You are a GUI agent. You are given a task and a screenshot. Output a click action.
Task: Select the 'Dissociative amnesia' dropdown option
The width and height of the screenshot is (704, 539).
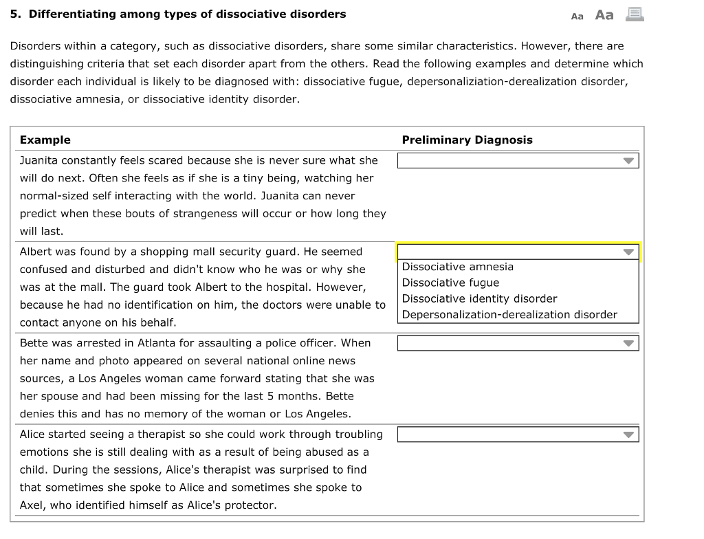point(457,267)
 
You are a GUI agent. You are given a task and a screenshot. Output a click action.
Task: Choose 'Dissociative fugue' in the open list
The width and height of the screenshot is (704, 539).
point(450,283)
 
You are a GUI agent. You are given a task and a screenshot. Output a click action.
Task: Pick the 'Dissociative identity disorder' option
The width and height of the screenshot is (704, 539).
point(479,298)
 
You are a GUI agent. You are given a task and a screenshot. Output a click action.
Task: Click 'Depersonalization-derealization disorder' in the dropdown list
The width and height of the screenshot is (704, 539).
point(509,315)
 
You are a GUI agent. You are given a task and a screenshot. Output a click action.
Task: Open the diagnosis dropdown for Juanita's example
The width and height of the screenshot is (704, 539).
point(518,161)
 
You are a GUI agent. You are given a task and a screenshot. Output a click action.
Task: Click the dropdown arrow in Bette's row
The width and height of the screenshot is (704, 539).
point(628,343)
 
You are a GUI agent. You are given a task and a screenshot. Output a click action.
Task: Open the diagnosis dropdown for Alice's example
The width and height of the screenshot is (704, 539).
point(518,434)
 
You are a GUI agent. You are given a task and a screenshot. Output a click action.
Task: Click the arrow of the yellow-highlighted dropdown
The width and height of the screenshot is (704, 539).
point(628,252)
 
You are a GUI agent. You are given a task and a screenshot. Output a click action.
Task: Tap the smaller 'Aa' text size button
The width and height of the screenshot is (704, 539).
point(577,16)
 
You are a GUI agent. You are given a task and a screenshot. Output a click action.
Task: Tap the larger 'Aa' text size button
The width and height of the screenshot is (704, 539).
point(604,14)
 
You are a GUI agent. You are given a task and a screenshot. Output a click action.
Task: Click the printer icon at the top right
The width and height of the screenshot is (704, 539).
point(635,14)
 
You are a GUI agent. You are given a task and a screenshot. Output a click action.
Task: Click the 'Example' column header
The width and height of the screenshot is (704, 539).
point(45,140)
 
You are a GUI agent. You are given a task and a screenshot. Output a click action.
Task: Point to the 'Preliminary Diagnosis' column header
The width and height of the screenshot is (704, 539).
point(467,140)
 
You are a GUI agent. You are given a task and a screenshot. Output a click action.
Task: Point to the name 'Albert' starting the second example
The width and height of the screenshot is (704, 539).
point(36,252)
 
